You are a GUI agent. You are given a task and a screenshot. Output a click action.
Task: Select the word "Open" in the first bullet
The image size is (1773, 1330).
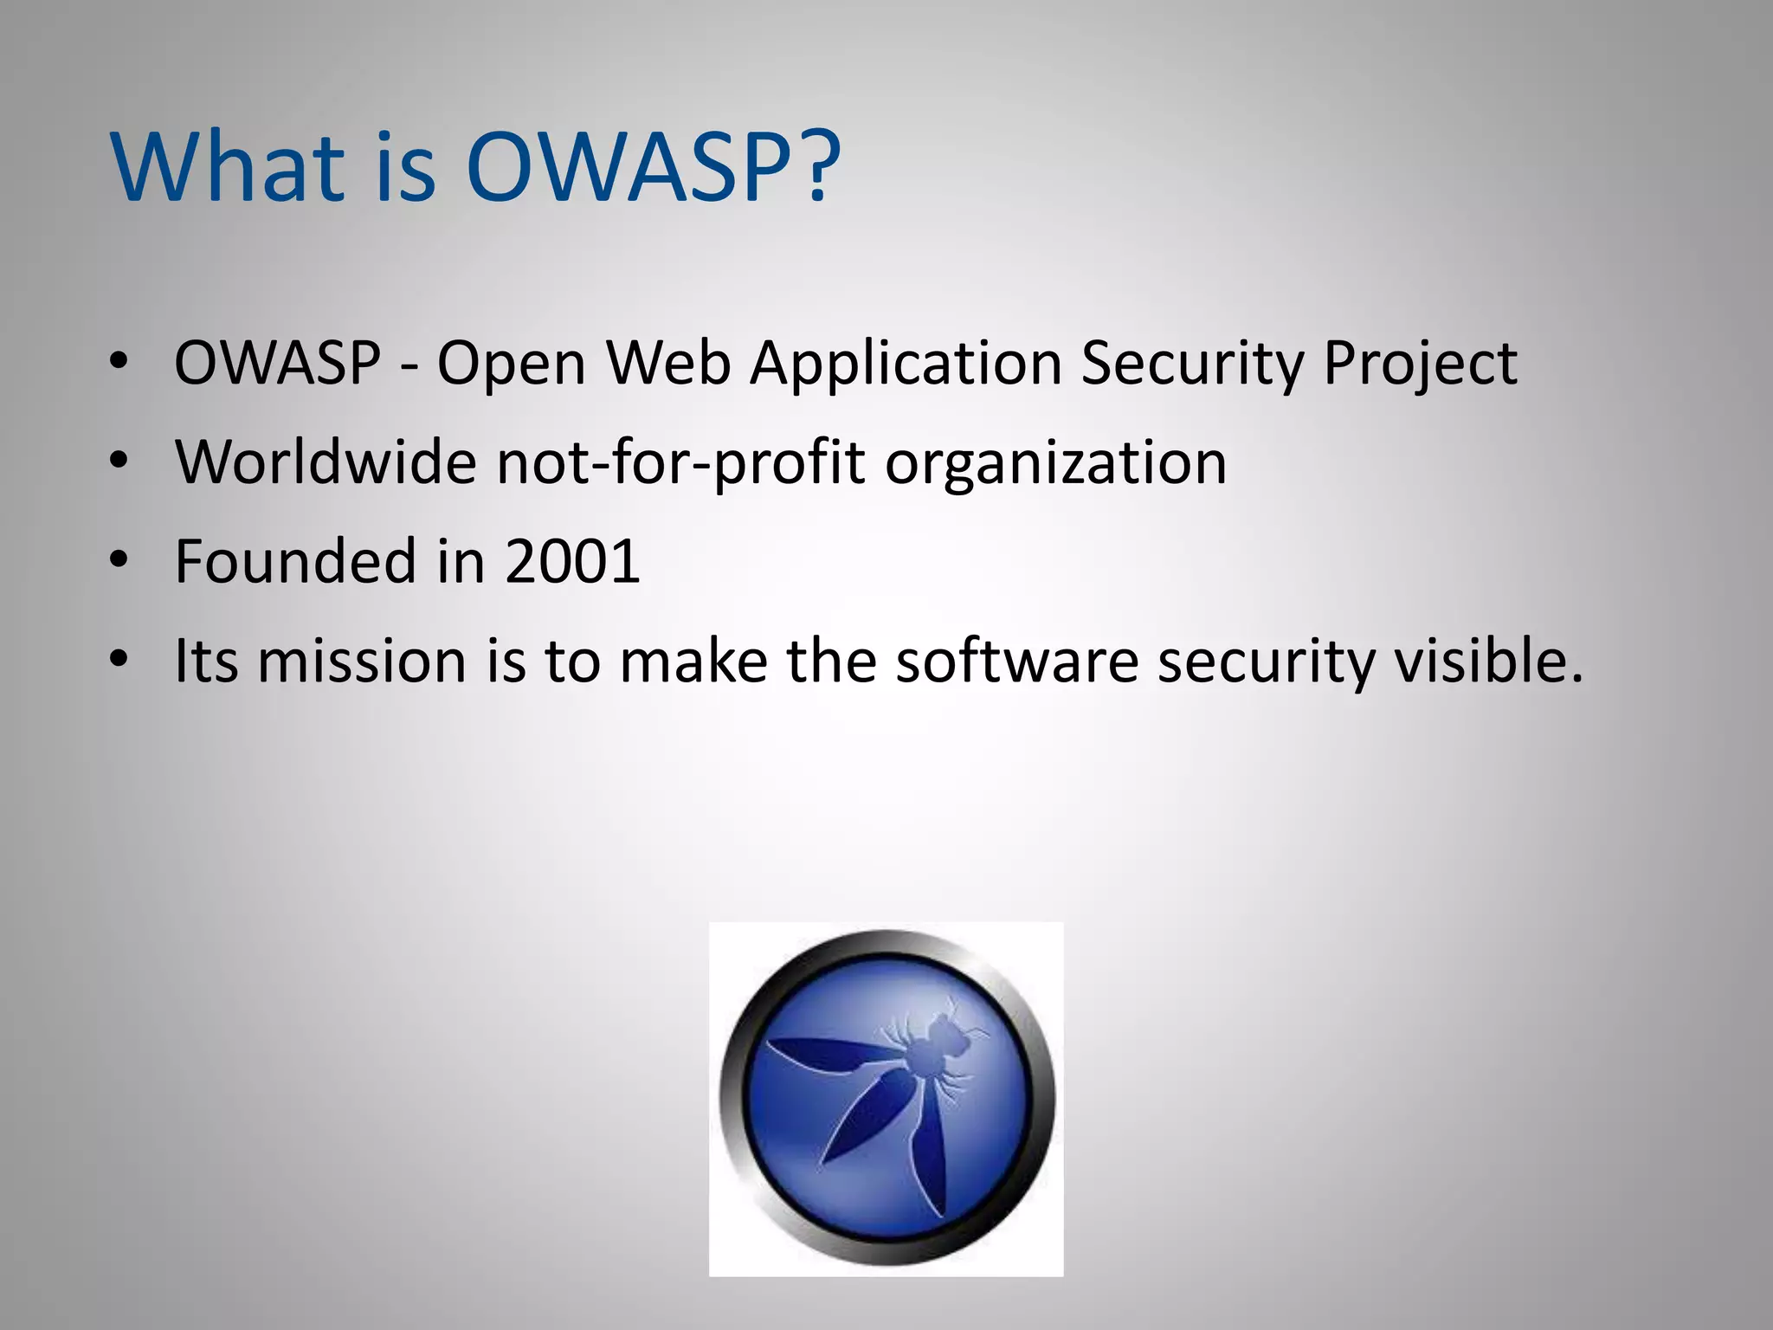coord(511,364)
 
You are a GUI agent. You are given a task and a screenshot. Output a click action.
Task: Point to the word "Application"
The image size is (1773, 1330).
coord(906,364)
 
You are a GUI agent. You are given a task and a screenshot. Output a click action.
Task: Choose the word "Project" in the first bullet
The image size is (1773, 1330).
coord(1420,364)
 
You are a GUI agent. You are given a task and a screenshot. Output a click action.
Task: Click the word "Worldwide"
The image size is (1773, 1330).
coord(326,462)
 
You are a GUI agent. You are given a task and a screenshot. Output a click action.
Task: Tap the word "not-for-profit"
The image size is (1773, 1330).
coord(680,463)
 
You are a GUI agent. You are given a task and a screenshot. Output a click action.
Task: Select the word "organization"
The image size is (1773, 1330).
coord(1055,463)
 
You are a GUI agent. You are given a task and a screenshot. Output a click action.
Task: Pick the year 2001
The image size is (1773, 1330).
coord(572,561)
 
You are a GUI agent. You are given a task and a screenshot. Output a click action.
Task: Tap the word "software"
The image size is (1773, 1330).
coord(1016,661)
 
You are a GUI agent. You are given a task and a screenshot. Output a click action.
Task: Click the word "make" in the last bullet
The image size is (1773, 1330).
coord(693,661)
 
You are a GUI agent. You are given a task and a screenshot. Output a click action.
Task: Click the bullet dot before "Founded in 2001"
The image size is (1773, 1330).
coord(119,559)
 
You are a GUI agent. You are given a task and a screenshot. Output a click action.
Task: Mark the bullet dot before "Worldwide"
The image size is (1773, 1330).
coord(119,460)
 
